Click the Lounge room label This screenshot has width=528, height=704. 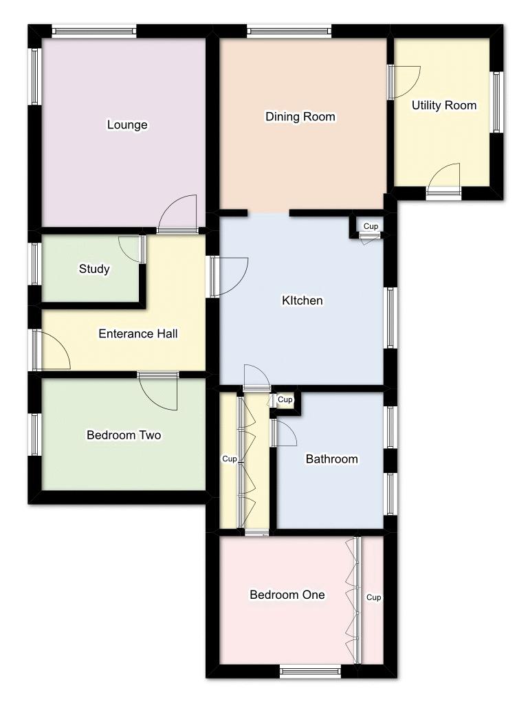[x=127, y=125]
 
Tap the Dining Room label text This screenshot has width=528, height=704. [x=300, y=117]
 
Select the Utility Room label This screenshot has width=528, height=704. [x=444, y=105]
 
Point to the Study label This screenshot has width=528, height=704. [x=94, y=269]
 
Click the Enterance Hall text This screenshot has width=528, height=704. [x=138, y=334]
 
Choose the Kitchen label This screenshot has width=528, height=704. [x=302, y=300]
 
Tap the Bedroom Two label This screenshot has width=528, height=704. [x=124, y=435]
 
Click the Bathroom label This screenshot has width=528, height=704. [x=331, y=459]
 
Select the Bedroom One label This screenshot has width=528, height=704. [x=287, y=595]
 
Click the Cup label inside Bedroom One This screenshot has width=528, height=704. [x=373, y=597]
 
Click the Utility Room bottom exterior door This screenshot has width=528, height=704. [x=443, y=180]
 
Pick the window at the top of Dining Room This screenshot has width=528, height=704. [x=289, y=31]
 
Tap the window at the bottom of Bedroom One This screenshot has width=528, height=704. [x=310, y=672]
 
